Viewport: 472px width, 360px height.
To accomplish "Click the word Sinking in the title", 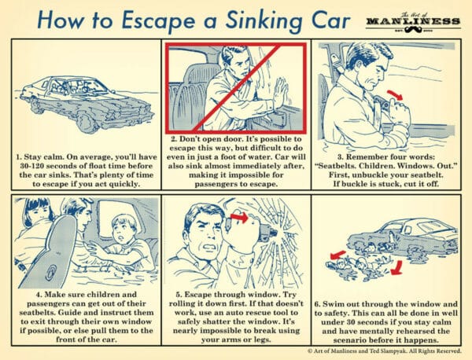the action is tap(264, 20).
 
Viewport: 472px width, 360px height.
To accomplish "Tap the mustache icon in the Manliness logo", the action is tap(413, 29).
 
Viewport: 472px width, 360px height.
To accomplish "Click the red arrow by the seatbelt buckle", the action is tap(395, 95).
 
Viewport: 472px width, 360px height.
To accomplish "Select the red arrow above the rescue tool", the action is tap(239, 217).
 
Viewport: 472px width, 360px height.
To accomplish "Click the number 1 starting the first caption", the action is tap(18, 157).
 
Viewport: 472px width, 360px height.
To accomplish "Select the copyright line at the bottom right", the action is tap(385, 351).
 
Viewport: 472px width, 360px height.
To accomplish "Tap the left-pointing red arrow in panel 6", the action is tap(338, 255).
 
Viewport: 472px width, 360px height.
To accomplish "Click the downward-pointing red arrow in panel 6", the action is tap(396, 268).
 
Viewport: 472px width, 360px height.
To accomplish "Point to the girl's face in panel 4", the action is tap(39, 212).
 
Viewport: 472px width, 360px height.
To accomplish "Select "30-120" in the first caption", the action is tap(30, 166).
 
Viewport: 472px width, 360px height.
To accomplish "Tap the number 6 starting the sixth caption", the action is tap(317, 304).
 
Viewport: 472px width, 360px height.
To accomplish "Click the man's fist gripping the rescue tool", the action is tap(241, 231).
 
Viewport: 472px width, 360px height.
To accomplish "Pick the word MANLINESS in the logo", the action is tap(413, 21).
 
